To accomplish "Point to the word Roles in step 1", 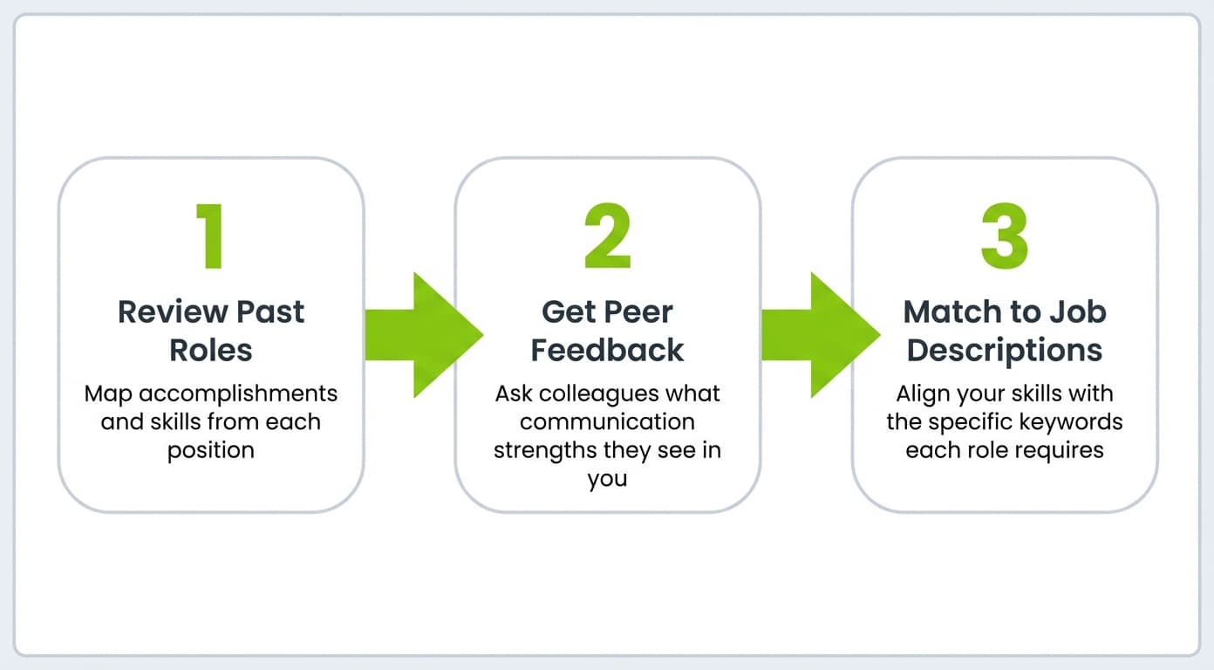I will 210,350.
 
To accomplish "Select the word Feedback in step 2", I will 607,350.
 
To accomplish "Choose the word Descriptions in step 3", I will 1005,350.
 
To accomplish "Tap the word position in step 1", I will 210,450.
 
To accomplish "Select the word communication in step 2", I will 607,422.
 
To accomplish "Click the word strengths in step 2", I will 546,451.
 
